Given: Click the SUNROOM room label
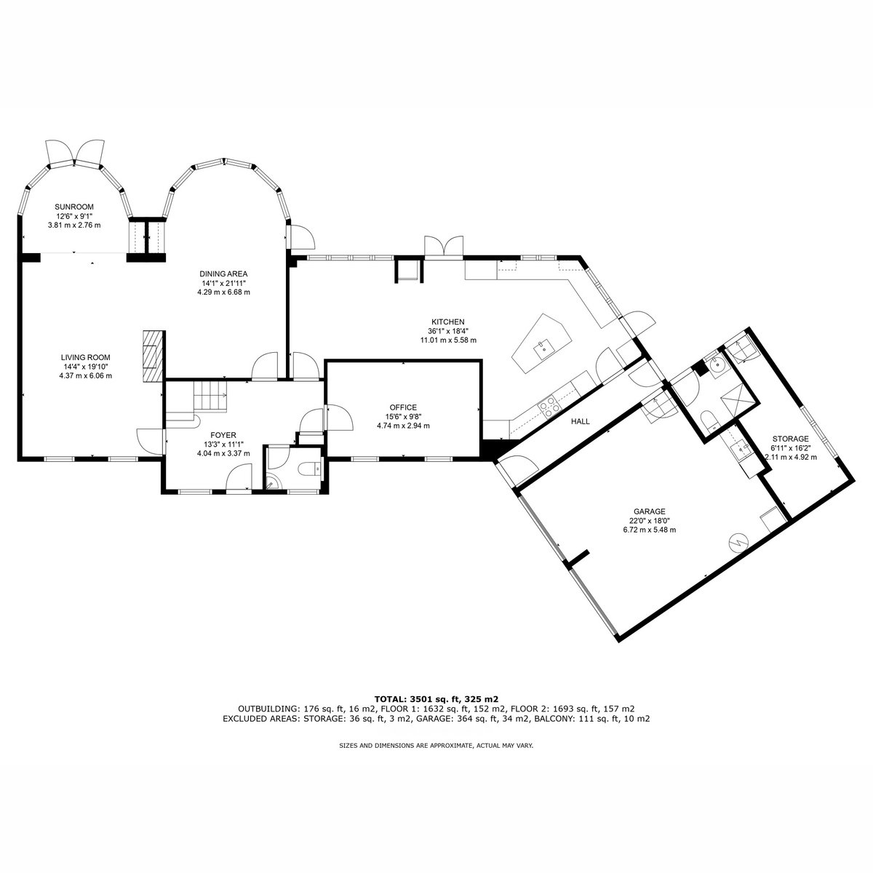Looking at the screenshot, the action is click(x=74, y=207).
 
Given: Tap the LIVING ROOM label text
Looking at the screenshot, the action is click(x=86, y=357).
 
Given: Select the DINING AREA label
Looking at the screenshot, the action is click(x=224, y=274).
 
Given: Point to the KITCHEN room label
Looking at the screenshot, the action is click(x=448, y=322).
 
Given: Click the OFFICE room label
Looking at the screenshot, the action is click(x=403, y=407).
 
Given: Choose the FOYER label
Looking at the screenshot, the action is click(x=223, y=435).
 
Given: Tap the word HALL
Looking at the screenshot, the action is click(x=581, y=421).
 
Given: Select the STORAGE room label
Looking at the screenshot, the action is click(x=791, y=439).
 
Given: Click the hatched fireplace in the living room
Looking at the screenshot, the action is click(x=152, y=357).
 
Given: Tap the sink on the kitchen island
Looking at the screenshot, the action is click(x=542, y=349).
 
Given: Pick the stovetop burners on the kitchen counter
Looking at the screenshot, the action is click(x=548, y=406).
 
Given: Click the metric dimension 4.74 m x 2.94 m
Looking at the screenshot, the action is click(x=403, y=426).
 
